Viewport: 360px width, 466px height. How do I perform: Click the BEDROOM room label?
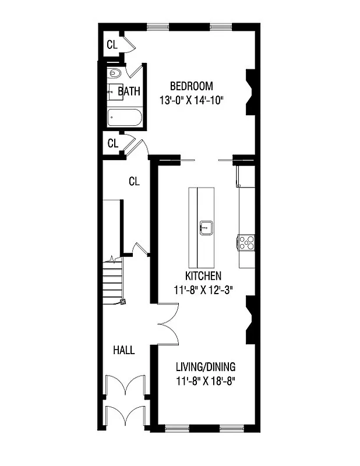[192, 85]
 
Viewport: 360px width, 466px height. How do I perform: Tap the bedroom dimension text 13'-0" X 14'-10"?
[192, 100]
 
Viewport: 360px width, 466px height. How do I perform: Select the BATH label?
[129, 91]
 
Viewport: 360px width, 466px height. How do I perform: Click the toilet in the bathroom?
[114, 73]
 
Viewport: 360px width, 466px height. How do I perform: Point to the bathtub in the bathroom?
[125, 118]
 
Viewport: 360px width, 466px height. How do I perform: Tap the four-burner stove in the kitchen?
[246, 241]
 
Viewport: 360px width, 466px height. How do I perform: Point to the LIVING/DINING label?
[206, 367]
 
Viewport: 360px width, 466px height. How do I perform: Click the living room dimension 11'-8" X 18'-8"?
[206, 382]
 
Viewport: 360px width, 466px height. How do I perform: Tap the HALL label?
[123, 350]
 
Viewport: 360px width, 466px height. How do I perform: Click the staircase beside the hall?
[113, 283]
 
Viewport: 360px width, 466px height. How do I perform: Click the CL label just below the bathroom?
[112, 143]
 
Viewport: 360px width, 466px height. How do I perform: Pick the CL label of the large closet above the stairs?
[135, 181]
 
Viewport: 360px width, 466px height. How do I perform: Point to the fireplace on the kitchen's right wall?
[250, 320]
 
